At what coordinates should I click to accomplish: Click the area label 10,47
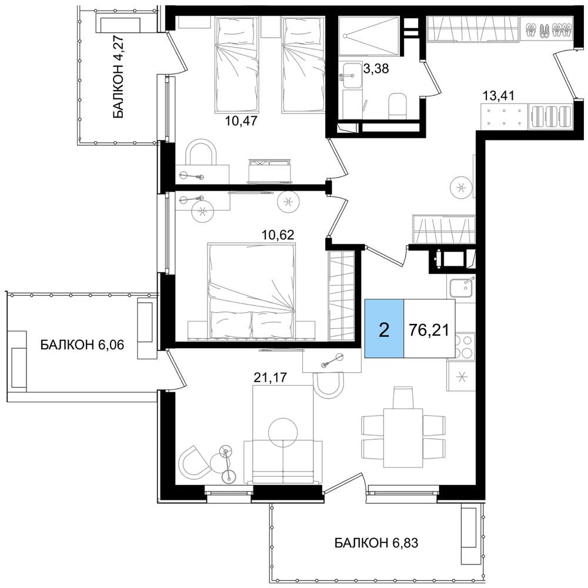click(242, 121)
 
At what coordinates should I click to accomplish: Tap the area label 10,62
click(278, 235)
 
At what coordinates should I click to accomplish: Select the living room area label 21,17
click(270, 377)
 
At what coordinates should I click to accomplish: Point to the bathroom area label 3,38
click(376, 69)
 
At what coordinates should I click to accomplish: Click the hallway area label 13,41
click(498, 96)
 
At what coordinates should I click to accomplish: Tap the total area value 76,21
click(429, 330)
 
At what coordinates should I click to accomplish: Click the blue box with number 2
click(385, 329)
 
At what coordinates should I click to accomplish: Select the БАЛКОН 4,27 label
click(118, 76)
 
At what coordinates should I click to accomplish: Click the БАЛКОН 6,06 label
click(82, 345)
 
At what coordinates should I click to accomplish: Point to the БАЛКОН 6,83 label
click(376, 543)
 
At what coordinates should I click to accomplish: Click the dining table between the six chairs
click(403, 438)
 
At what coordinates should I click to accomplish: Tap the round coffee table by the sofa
click(284, 433)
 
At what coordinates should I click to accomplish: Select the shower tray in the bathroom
click(368, 36)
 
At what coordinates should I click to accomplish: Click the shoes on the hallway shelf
click(548, 29)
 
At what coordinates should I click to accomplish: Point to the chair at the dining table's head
click(403, 397)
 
